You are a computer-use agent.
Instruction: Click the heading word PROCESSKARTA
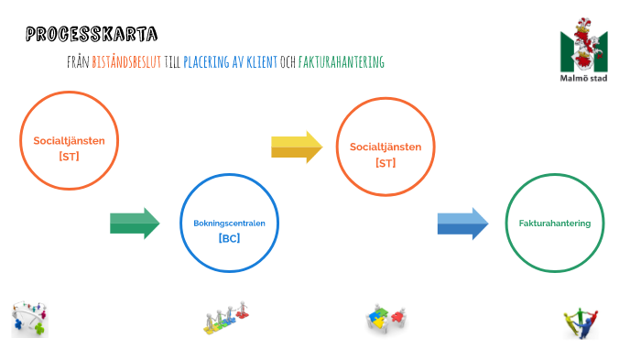click(92, 35)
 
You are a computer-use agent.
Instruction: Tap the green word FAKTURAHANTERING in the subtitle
click(342, 62)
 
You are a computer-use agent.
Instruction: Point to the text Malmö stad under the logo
click(583, 78)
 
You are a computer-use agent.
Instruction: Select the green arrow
click(135, 223)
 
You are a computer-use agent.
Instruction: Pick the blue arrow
click(462, 223)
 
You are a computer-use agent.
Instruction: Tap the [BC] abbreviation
click(229, 238)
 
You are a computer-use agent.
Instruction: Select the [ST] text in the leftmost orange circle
click(69, 157)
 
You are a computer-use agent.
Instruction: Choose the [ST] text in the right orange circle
click(386, 162)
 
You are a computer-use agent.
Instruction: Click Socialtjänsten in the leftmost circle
click(69, 141)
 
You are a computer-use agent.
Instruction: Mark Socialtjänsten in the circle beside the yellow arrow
click(386, 147)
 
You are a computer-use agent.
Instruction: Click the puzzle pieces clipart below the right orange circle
click(386, 319)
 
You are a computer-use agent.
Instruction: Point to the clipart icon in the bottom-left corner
click(29, 319)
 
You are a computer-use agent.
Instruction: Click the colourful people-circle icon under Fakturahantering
click(581, 322)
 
